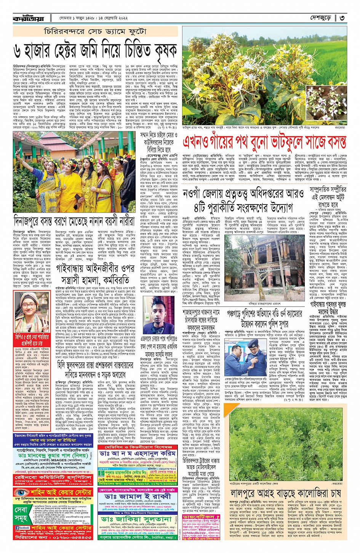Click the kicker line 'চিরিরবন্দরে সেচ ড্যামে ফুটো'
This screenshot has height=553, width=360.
point(95,31)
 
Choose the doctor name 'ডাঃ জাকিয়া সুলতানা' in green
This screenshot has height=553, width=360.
point(137,519)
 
